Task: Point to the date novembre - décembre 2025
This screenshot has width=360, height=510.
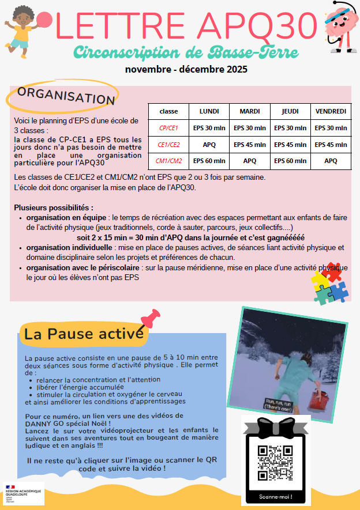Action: (x=186, y=70)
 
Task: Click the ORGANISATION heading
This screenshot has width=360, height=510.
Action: (x=66, y=96)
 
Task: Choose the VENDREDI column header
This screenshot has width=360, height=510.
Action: (x=331, y=111)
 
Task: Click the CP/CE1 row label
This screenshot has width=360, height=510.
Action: (x=168, y=128)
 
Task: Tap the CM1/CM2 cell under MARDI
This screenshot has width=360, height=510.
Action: (x=250, y=161)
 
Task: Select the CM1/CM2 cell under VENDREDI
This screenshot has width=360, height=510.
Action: (x=331, y=161)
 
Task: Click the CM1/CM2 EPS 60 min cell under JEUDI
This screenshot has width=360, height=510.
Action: (x=290, y=161)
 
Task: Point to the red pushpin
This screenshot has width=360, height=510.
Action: (x=151, y=319)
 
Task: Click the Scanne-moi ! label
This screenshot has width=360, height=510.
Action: (x=275, y=497)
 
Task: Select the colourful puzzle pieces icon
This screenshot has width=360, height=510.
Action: (x=329, y=285)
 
